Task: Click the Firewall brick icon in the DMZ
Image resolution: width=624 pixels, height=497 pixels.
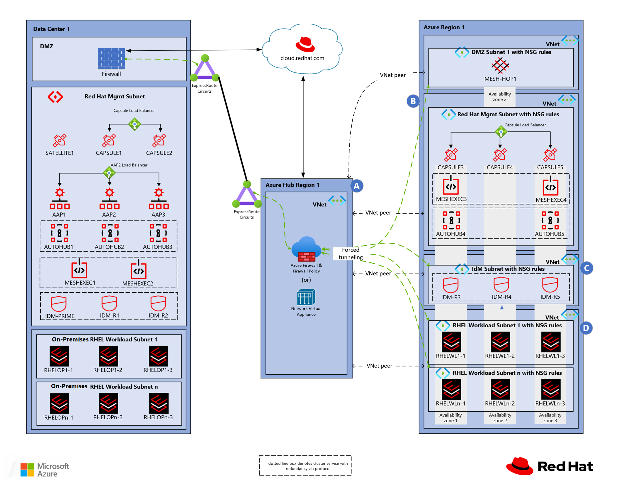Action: click(111, 59)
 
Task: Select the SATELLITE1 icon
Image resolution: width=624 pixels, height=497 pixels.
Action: click(60, 141)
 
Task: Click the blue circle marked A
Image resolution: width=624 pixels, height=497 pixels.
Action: click(357, 186)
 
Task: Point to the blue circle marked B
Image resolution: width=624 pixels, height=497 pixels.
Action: click(413, 101)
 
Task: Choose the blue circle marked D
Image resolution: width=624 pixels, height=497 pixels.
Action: click(586, 328)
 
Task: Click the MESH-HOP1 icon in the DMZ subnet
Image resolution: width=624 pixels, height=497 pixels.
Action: click(500, 66)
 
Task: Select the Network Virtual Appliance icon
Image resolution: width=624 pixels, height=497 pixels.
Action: click(306, 297)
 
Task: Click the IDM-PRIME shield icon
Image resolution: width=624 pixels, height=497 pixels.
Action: click(59, 304)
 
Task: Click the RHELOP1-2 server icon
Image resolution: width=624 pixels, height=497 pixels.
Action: click(108, 356)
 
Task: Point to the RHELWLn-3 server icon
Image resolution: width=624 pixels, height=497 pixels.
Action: click(550, 390)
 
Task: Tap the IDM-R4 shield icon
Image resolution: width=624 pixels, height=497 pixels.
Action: click(501, 285)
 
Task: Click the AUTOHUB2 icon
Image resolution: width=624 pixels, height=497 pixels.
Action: click(110, 233)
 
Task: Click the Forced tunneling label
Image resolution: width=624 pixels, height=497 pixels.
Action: click(350, 253)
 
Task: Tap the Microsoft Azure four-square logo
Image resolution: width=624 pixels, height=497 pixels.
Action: click(27, 470)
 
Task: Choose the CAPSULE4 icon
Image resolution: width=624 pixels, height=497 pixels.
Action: click(500, 155)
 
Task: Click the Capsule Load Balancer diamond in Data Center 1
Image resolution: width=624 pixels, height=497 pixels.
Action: click(135, 124)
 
